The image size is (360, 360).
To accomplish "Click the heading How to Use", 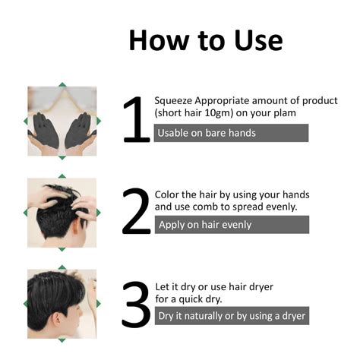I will (x=205, y=39).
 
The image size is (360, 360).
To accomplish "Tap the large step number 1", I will (x=137, y=120).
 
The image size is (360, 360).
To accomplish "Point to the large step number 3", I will (x=137, y=304).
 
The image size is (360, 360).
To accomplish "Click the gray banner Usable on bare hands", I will (x=232, y=133).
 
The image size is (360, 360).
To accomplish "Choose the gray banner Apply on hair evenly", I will (x=232, y=225).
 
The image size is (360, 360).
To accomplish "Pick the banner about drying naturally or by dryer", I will (x=232, y=316).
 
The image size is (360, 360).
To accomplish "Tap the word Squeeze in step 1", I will (x=175, y=100).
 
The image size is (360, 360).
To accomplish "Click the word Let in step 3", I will (x=163, y=286).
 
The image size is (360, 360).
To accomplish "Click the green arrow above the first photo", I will (x=62, y=84).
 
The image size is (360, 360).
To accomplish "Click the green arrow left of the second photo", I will (x=27, y=213).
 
